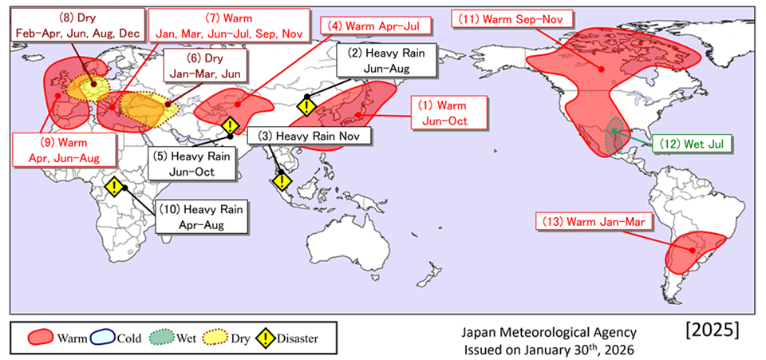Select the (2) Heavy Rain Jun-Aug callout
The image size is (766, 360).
(386, 61)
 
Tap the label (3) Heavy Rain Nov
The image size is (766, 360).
(310, 136)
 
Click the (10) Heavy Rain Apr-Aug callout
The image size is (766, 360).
(202, 216)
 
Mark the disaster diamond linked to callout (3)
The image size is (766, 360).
(282, 181)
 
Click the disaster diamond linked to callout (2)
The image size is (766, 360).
(306, 106)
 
